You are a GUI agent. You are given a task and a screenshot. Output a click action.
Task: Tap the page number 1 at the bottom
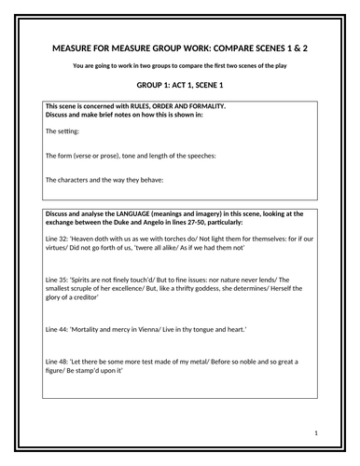[318, 434]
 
